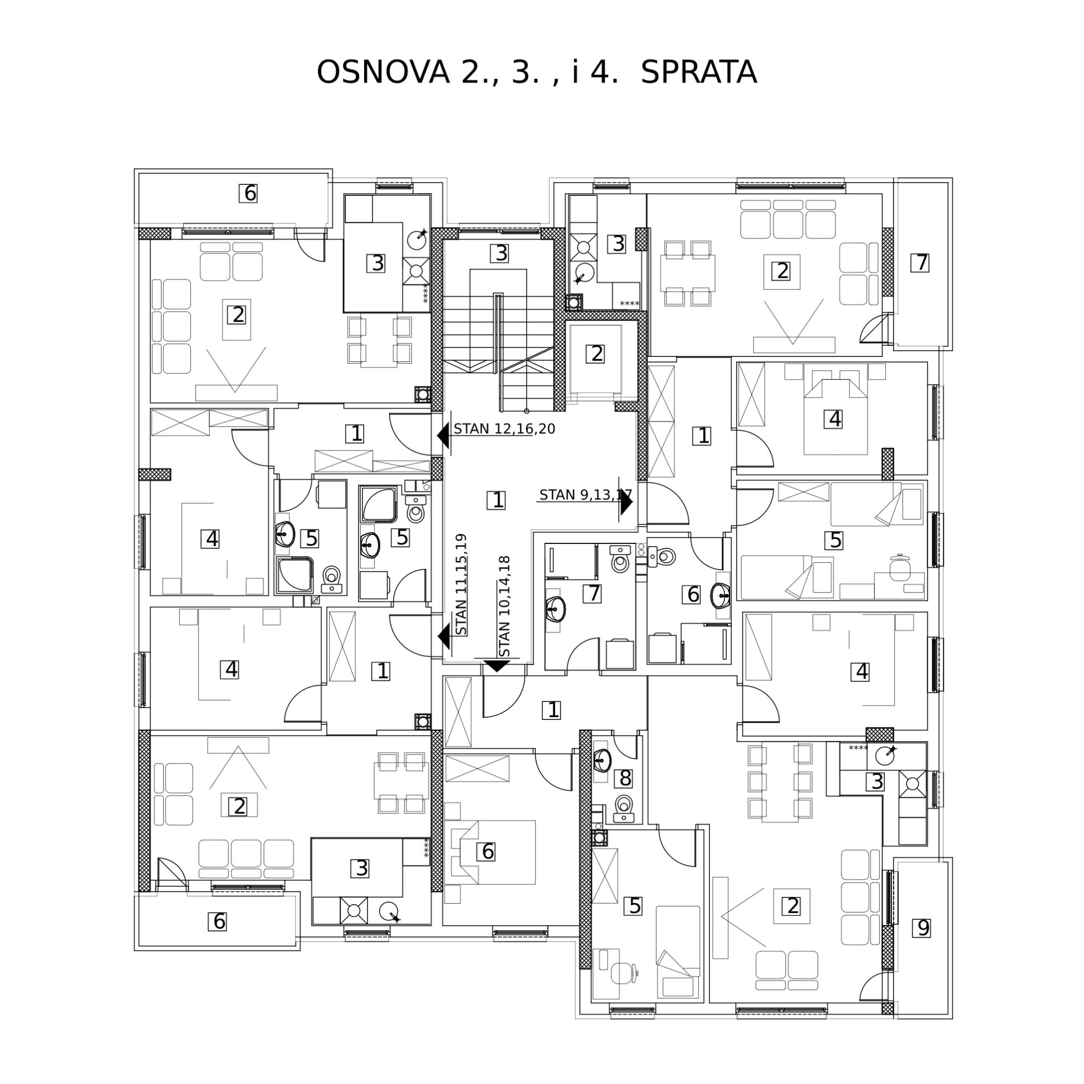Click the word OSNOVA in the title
(x=383, y=72)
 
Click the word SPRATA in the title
(x=698, y=72)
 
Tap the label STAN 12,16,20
(x=505, y=429)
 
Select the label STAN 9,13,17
(x=586, y=495)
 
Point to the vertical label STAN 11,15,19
(x=461, y=584)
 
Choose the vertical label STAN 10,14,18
(x=505, y=606)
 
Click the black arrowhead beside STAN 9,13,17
(x=626, y=502)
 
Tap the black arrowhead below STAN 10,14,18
(x=496, y=666)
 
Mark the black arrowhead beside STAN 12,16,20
(x=443, y=435)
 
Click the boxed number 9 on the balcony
(x=923, y=928)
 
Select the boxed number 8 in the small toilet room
(x=625, y=778)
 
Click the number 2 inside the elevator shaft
(x=596, y=354)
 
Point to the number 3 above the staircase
(x=499, y=253)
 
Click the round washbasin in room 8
(x=602, y=761)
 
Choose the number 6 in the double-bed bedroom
(x=487, y=851)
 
